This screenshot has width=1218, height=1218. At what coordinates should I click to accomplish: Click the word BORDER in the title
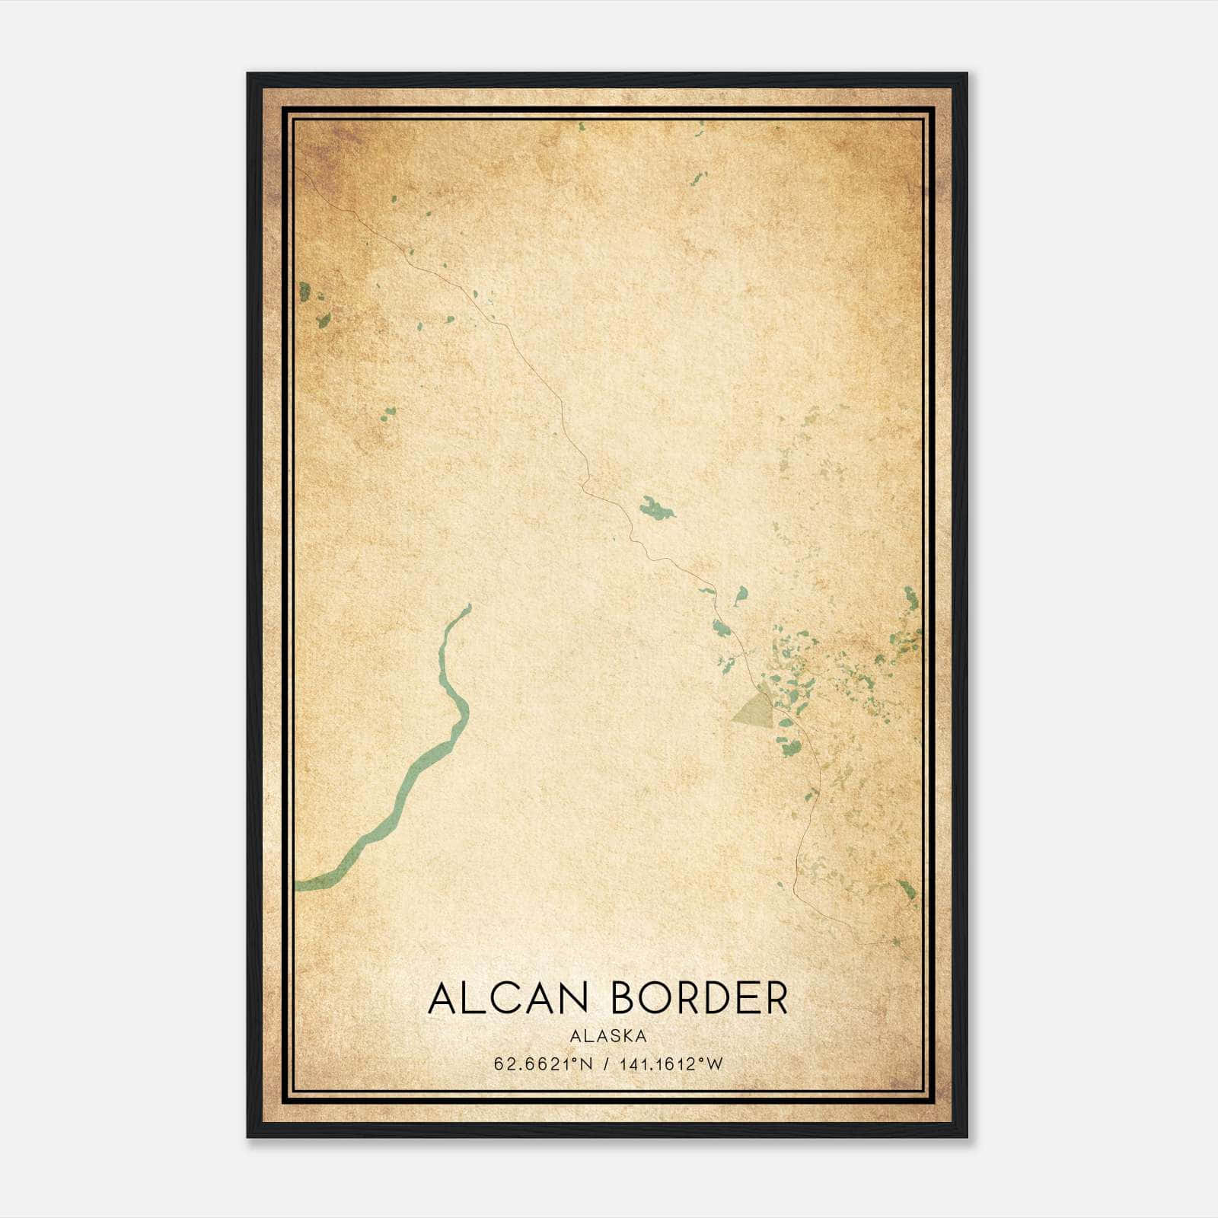pos(700,999)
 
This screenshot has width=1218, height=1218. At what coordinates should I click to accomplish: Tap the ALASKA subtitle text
pos(607,1036)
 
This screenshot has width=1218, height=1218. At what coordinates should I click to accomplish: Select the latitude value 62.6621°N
pos(543,1064)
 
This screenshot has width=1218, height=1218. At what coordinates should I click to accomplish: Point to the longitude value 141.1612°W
pos(671,1064)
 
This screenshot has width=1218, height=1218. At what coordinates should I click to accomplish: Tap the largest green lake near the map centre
pos(656,508)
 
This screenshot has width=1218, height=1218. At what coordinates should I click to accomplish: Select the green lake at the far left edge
pos(304,291)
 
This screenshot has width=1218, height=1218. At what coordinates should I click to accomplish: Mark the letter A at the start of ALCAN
pos(444,999)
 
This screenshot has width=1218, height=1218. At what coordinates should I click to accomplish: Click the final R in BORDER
pos(776,999)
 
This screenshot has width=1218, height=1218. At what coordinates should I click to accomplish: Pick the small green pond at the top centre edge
pos(582,126)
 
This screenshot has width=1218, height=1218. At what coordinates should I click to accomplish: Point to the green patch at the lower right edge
pos(906,888)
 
